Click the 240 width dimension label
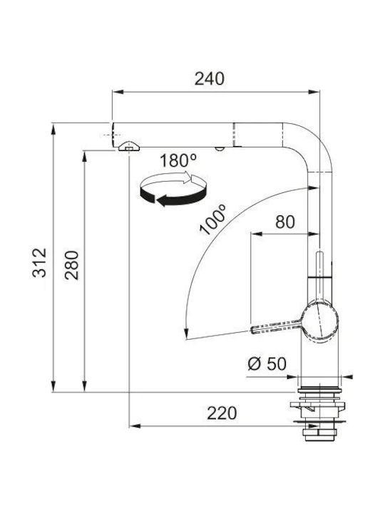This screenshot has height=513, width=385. [210, 79]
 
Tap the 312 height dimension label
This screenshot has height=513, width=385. [40, 263]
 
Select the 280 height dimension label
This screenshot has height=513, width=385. [72, 265]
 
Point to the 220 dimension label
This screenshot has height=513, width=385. [222, 413]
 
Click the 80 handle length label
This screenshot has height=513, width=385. [285, 222]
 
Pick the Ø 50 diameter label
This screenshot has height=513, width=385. [267, 363]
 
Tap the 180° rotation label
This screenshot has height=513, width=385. [178, 160]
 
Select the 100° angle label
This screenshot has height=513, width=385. [212, 219]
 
